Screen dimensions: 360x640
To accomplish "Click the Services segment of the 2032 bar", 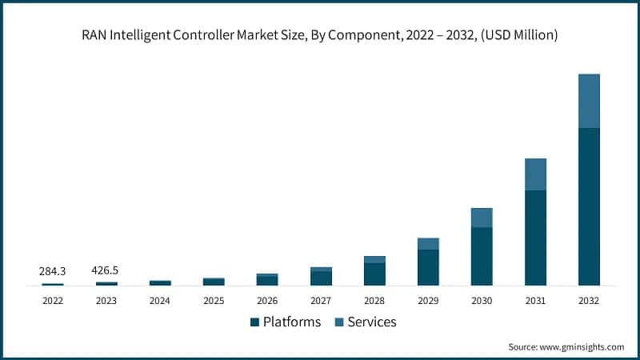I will coord(589,101).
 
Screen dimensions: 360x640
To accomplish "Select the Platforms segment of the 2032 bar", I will coord(589,206).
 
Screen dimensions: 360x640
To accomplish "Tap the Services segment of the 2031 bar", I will coord(535,174).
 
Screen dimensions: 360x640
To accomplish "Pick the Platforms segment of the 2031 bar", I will coord(535,238).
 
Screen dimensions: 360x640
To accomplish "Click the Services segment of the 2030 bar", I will coord(482,218).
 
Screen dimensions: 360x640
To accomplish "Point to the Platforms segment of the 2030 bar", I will coord(482,256).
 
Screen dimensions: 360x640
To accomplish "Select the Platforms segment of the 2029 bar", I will coord(428,267).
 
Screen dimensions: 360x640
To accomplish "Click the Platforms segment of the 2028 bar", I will coord(374,274).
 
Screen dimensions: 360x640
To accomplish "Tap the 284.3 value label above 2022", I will coord(53,271).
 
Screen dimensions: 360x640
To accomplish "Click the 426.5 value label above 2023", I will coord(106,270).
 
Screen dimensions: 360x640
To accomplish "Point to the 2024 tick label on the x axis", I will coord(160,301).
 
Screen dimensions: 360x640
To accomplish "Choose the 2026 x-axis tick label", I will coord(267,301).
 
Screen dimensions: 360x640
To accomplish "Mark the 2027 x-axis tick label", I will coord(321,301).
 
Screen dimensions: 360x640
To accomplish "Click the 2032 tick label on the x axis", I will coord(589,301).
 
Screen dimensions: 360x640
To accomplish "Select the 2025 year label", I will coord(214,301).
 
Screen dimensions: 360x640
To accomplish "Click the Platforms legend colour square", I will coord(254,322).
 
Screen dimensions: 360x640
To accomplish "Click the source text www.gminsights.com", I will coord(583,346).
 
